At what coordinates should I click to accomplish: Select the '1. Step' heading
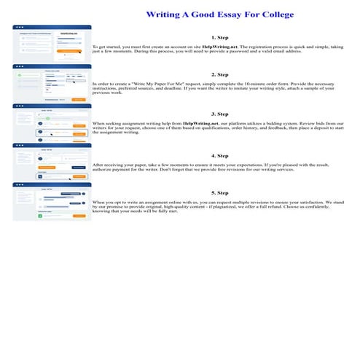tap(219, 36)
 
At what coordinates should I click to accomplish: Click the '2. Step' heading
tap(219, 74)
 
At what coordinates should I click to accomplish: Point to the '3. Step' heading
tap(219, 114)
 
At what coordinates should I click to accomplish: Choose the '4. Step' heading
tap(219, 155)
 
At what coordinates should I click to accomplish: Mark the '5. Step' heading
tap(219, 193)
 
